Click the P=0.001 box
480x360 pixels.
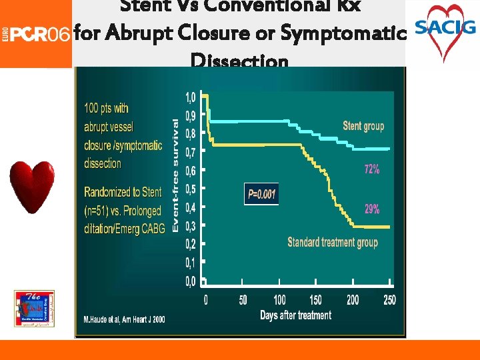(x=261, y=194)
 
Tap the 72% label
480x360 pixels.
(x=372, y=169)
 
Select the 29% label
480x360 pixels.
(x=372, y=209)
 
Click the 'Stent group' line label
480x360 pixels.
(x=363, y=126)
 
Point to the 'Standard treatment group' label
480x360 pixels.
(x=333, y=242)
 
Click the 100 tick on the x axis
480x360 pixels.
(x=279, y=301)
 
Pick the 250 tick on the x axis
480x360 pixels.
(x=389, y=301)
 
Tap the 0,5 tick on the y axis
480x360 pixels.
(x=190, y=189)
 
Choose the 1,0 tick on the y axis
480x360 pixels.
(x=190, y=97)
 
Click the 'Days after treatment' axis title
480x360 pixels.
(x=295, y=315)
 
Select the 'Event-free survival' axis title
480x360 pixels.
(x=176, y=175)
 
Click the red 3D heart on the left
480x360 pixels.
(x=31, y=186)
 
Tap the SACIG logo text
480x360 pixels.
(x=445, y=27)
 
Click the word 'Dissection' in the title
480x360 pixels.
(x=239, y=61)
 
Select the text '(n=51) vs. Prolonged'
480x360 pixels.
(x=123, y=211)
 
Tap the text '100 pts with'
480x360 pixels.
(x=107, y=108)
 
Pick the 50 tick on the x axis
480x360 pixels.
(x=243, y=301)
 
